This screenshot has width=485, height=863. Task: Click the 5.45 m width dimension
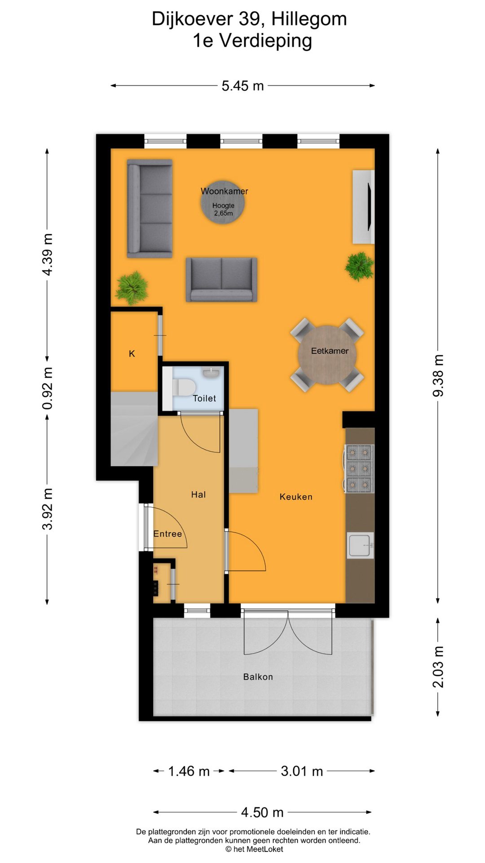coord(242,86)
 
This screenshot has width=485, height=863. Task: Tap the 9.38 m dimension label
coord(438,376)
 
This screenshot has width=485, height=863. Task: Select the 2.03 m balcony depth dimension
coord(438,667)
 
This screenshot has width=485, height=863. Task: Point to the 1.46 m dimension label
coord(189,771)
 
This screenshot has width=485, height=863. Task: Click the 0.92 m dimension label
coord(48,388)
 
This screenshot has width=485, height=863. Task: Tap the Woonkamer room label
coord(224,191)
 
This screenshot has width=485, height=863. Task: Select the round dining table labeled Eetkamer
coord(327,355)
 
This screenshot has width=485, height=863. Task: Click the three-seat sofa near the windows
coord(150,208)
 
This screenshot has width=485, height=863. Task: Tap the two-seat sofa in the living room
coord(221,279)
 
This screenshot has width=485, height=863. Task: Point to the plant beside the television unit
coord(359,266)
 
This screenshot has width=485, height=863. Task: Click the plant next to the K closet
coord(132,288)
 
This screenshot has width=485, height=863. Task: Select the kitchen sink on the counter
coord(360,545)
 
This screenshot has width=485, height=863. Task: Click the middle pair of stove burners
coord(359,469)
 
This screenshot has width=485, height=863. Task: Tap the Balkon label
coord(258,677)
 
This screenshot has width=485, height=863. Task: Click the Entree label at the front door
coord(168,534)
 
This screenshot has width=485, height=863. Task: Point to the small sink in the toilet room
coord(211,372)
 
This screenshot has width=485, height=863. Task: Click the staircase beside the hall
coord(133,429)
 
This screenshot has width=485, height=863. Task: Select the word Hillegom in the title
coord(309,19)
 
